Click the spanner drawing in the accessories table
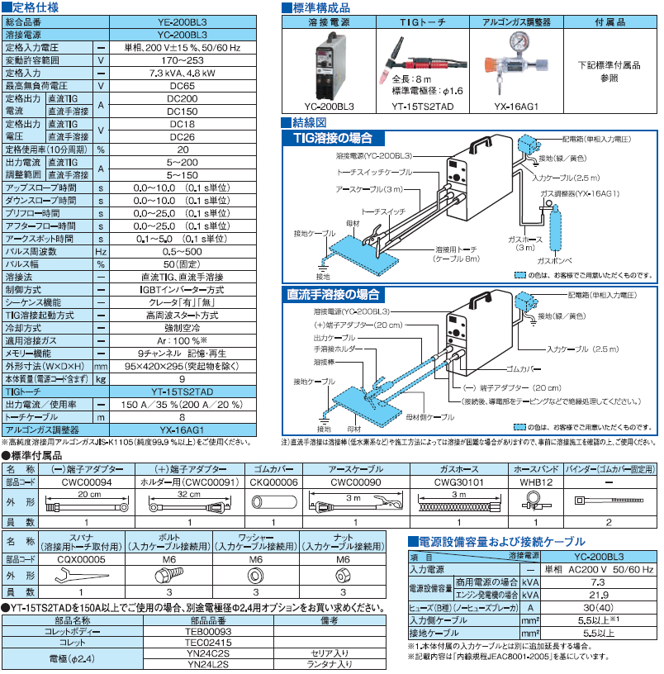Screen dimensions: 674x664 (x=80, y=576)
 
